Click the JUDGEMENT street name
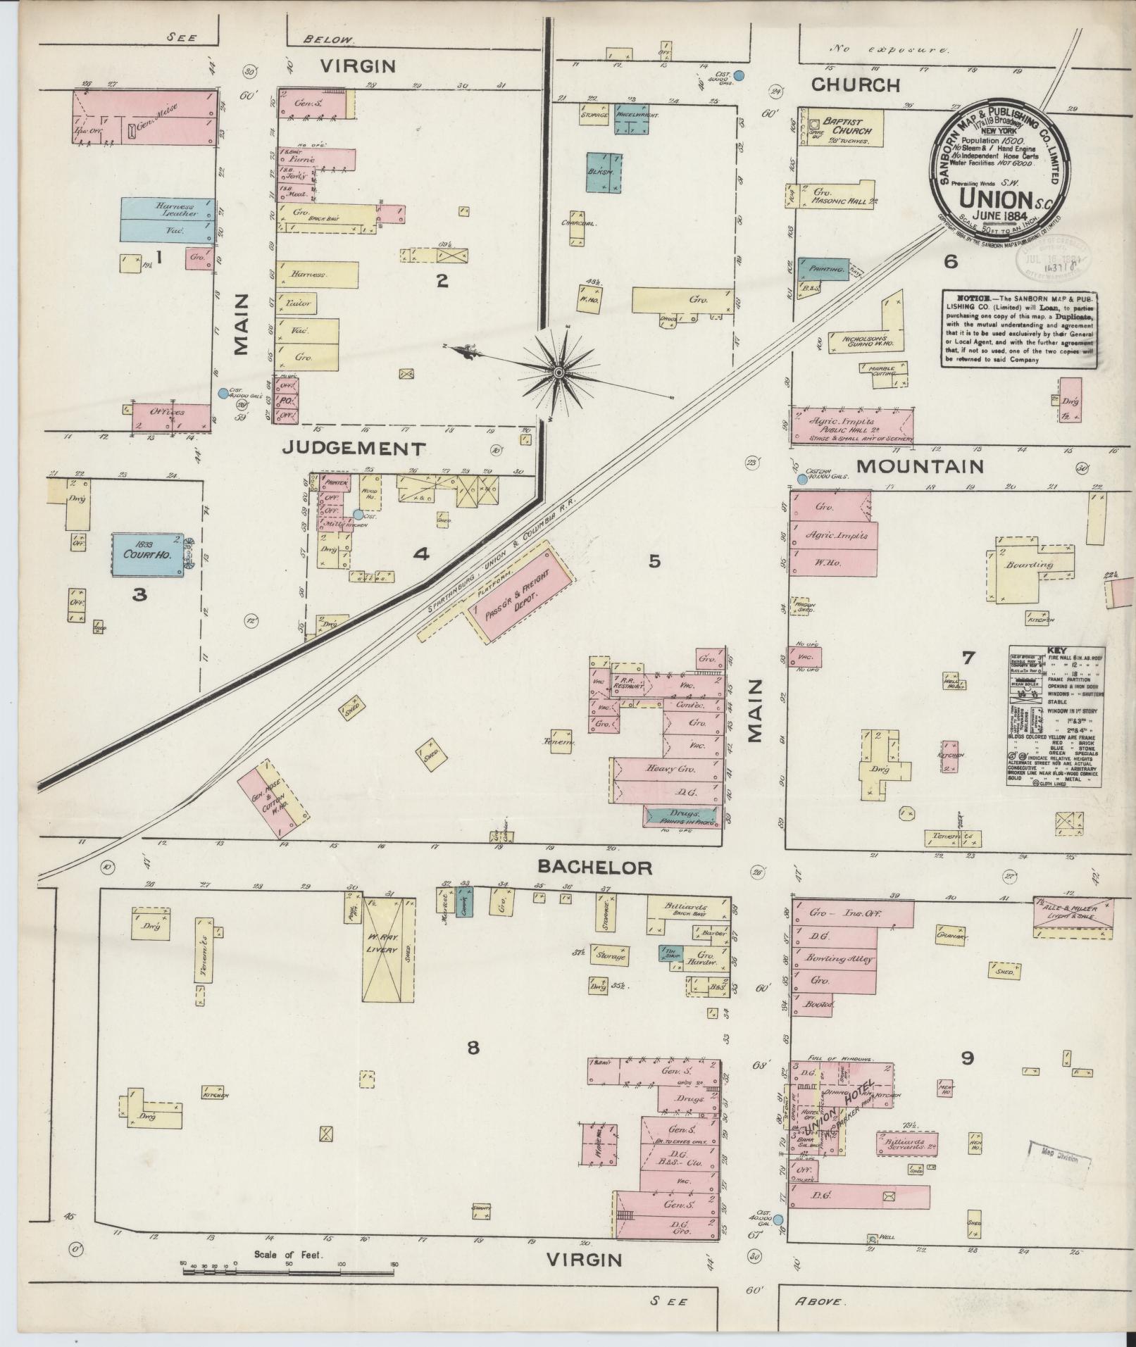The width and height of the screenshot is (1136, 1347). pyautogui.click(x=354, y=449)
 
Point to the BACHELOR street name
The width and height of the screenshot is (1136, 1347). pyautogui.click(x=594, y=867)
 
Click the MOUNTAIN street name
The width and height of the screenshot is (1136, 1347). pyautogui.click(x=919, y=466)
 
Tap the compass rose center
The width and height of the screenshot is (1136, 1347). pyautogui.click(x=558, y=371)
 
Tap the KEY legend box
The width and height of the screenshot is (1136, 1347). pyautogui.click(x=1054, y=715)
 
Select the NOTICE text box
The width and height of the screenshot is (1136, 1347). pyautogui.click(x=1019, y=329)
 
